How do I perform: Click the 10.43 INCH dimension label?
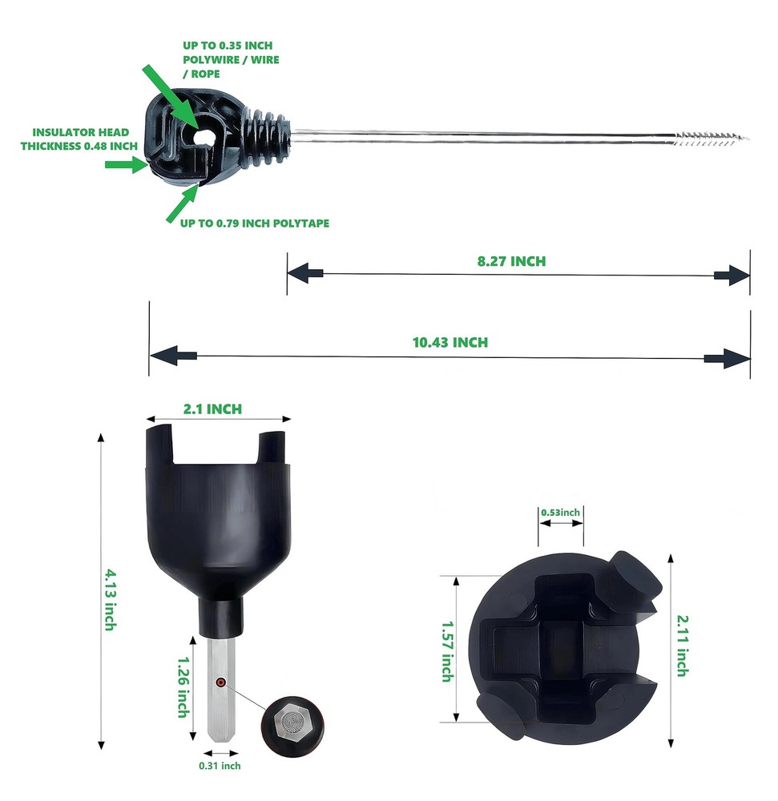[449, 342]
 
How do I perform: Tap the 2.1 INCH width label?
[212, 409]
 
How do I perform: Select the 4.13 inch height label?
[108, 599]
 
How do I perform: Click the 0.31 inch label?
[220, 766]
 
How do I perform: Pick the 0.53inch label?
[560, 512]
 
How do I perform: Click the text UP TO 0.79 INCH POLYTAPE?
[254, 223]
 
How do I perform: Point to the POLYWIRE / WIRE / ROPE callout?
[230, 60]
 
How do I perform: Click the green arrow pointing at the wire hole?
[172, 94]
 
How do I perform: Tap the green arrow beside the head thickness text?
[124, 165]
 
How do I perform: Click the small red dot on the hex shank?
[219, 682]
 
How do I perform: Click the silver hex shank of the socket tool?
[223, 689]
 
